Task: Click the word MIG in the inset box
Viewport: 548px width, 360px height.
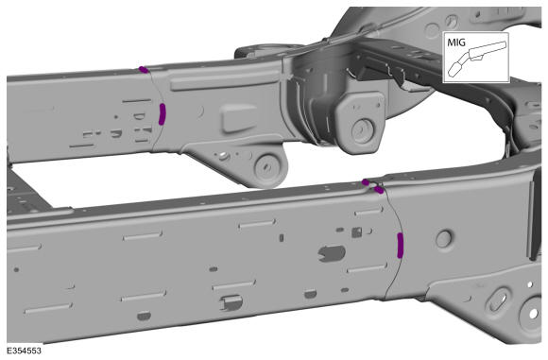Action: pos(456,43)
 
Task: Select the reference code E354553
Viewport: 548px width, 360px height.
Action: pos(25,351)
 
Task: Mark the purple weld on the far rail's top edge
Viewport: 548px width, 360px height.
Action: pos(144,69)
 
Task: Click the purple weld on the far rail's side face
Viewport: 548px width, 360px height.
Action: pos(162,114)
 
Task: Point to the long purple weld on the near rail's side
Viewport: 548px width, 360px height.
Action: pos(401,246)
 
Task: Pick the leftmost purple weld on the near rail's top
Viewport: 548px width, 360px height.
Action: pos(366,182)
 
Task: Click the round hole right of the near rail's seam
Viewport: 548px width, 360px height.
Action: pos(444,239)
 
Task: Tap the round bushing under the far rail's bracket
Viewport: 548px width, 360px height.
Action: pos(267,167)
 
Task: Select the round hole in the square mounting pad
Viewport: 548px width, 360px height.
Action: pos(363,130)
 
